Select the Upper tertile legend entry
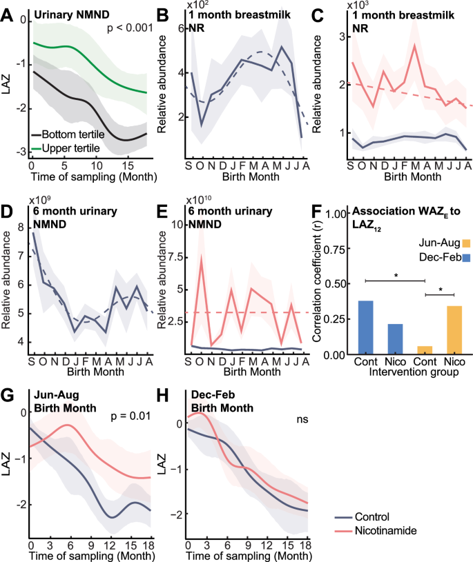click(68, 148)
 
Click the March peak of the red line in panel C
click(414, 45)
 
